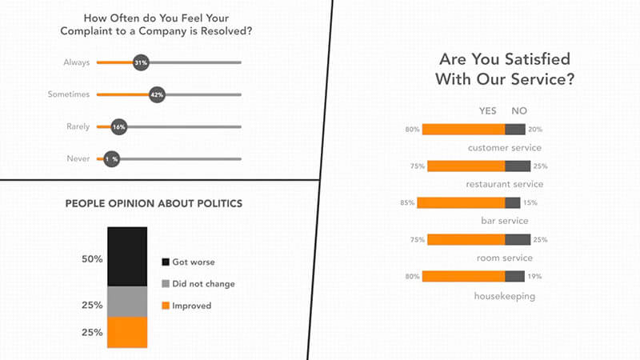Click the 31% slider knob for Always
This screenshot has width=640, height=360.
(x=142, y=62)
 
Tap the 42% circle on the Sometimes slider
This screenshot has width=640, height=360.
(x=157, y=94)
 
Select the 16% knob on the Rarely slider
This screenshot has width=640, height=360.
(x=119, y=126)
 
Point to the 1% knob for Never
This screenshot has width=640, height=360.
(x=111, y=159)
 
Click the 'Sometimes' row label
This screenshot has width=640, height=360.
(x=67, y=94)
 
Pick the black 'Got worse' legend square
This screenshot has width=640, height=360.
(x=166, y=262)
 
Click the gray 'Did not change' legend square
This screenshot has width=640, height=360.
(x=166, y=283)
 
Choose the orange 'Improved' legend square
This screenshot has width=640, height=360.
(x=166, y=305)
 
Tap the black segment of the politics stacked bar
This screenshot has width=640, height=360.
(x=128, y=256)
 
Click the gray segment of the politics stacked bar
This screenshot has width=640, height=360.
(x=128, y=302)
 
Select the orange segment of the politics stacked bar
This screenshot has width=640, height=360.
(x=128, y=332)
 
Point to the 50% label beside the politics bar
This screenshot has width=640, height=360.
(x=92, y=259)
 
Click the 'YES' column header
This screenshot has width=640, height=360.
(x=488, y=110)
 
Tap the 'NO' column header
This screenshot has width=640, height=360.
(x=519, y=110)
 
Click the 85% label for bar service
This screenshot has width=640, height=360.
(x=407, y=203)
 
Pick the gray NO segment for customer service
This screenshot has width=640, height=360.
(x=515, y=130)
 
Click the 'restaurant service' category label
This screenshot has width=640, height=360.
(x=503, y=184)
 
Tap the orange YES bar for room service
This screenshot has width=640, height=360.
(x=466, y=239)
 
